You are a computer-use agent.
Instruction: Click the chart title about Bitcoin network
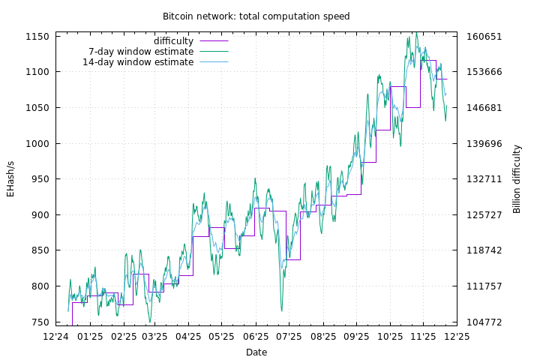point(256,16)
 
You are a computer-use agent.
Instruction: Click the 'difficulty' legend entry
point(173,41)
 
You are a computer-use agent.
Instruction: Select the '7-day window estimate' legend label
point(141,52)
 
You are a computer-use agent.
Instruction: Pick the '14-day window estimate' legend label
point(138,62)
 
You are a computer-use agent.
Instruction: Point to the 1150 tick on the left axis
point(37,37)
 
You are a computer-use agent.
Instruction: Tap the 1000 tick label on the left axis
point(37,144)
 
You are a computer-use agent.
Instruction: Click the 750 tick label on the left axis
point(40,322)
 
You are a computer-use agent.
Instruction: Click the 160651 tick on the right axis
point(484,37)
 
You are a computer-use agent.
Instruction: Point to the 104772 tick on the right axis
point(484,322)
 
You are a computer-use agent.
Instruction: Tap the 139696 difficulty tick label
point(484,144)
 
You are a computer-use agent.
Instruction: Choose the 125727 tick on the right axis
point(484,215)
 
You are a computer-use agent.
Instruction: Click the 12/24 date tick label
point(56,337)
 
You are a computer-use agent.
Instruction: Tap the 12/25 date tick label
point(457,337)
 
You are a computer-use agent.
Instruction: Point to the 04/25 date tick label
point(189,337)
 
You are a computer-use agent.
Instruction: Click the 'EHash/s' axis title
point(10,179)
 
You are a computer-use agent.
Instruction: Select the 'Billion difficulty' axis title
point(517,179)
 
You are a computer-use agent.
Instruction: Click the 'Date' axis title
point(256,352)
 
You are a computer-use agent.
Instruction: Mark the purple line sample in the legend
point(214,41)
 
